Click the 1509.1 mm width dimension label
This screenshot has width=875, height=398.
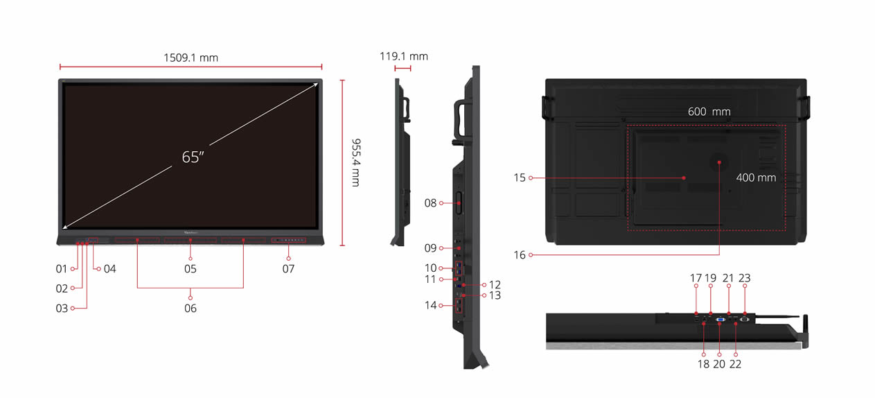pyautogui.click(x=191, y=58)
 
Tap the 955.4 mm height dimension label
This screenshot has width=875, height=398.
pyautogui.click(x=356, y=162)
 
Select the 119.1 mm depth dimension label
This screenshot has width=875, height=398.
pyautogui.click(x=403, y=56)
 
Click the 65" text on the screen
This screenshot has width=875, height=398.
pyautogui.click(x=193, y=157)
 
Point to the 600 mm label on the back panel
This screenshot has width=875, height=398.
pyautogui.click(x=709, y=112)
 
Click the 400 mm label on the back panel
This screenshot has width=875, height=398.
pyautogui.click(x=756, y=178)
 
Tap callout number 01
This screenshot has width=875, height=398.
pyautogui.click(x=62, y=269)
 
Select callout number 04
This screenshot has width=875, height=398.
pyautogui.click(x=109, y=269)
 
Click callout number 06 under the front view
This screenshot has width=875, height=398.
pyautogui.click(x=191, y=309)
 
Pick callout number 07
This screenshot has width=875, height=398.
pyautogui.click(x=288, y=269)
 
